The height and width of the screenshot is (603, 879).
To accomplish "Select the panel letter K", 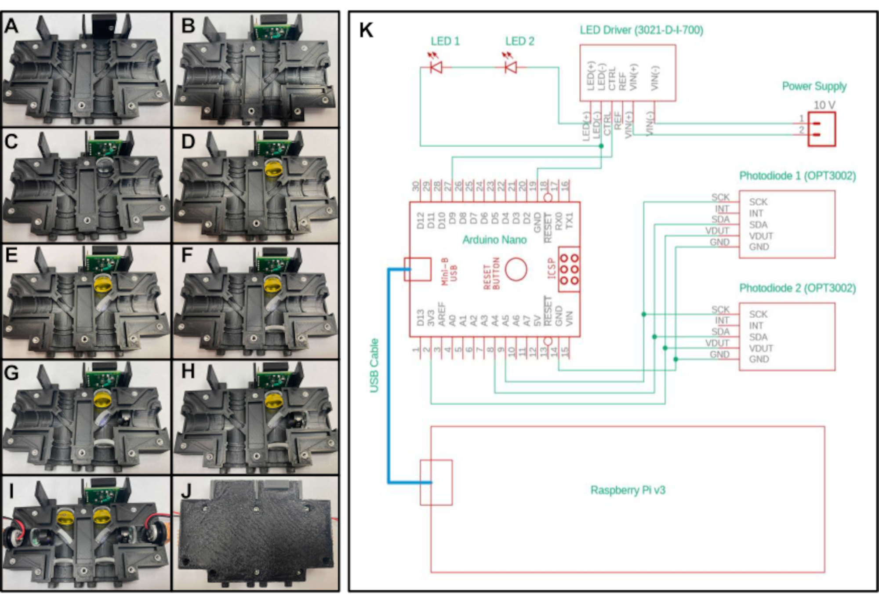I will click(x=366, y=30).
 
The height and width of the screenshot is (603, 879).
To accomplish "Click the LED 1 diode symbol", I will click(x=436, y=67).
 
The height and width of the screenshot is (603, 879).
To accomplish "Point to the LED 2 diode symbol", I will click(x=510, y=67).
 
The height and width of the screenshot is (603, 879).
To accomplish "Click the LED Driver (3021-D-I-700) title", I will click(x=641, y=30).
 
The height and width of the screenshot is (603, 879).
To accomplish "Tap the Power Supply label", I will click(x=814, y=86).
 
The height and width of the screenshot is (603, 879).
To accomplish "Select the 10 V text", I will click(x=824, y=105).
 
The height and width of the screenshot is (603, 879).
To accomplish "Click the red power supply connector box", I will click(x=821, y=129).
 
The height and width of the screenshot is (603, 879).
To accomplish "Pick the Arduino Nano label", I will click(x=494, y=240).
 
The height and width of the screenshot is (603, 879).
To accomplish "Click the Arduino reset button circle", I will click(x=516, y=269).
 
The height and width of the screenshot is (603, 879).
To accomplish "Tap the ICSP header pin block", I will click(x=569, y=269).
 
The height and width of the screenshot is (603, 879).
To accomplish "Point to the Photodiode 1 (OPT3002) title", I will click(x=797, y=176).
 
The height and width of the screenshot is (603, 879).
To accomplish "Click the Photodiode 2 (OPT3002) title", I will click(x=797, y=288).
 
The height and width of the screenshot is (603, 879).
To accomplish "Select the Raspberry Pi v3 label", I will click(x=628, y=490).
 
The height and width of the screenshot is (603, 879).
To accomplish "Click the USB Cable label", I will click(x=374, y=365).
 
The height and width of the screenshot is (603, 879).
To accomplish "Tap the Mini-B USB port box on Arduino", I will click(x=418, y=269).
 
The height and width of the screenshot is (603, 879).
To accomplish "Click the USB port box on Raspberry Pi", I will click(x=436, y=482).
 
